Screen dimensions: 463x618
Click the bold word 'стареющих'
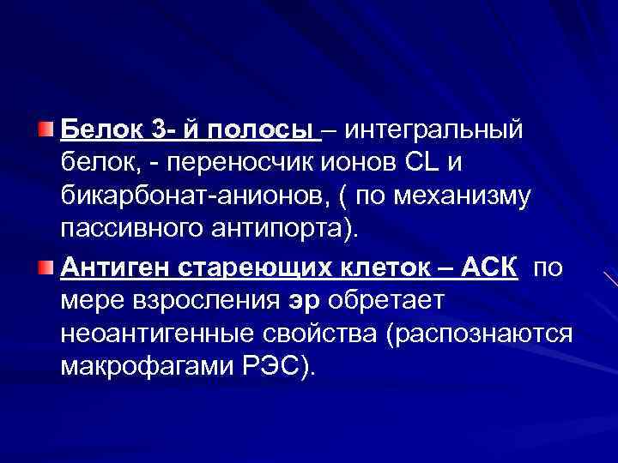(232, 268)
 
